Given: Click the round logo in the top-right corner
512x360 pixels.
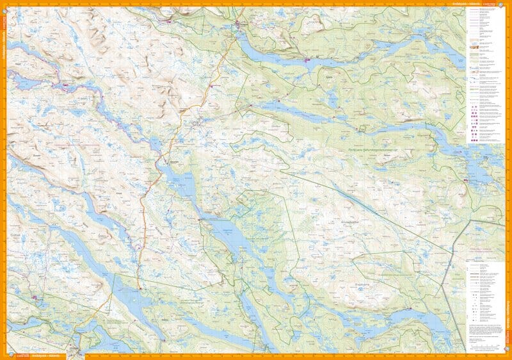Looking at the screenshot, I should point(508,4).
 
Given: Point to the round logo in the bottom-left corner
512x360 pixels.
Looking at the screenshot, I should point(4,356).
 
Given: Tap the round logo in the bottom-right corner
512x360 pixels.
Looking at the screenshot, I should point(508,356).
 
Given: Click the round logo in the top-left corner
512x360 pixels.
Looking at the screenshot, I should point(4,4).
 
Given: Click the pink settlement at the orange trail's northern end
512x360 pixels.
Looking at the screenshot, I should point(237,25).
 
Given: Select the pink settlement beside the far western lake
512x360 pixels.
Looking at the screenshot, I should point(65,84).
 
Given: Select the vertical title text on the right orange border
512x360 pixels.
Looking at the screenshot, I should point(509,327).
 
